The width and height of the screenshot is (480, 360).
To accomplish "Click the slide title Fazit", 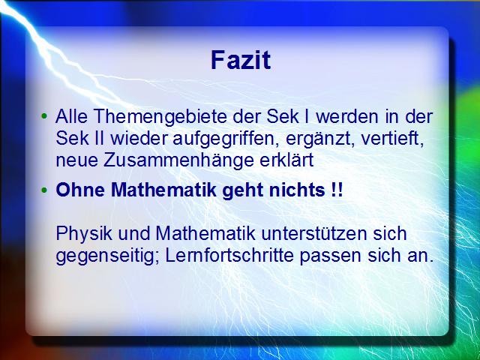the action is pyautogui.click(x=241, y=60).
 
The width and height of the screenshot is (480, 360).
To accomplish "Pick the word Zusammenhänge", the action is pyautogui.click(x=178, y=160).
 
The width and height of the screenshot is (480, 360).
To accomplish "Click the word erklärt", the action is pyautogui.click(x=286, y=160).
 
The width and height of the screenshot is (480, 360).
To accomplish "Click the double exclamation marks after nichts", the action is pyautogui.click(x=337, y=190).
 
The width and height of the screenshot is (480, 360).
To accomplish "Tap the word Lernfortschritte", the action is pyautogui.click(x=230, y=256).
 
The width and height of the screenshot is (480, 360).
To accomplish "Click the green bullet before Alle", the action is pyautogui.click(x=44, y=116).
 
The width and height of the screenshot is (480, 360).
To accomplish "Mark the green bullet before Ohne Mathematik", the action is pyautogui.click(x=44, y=190).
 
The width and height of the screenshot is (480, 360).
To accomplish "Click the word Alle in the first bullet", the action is pyautogui.click(x=72, y=116).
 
